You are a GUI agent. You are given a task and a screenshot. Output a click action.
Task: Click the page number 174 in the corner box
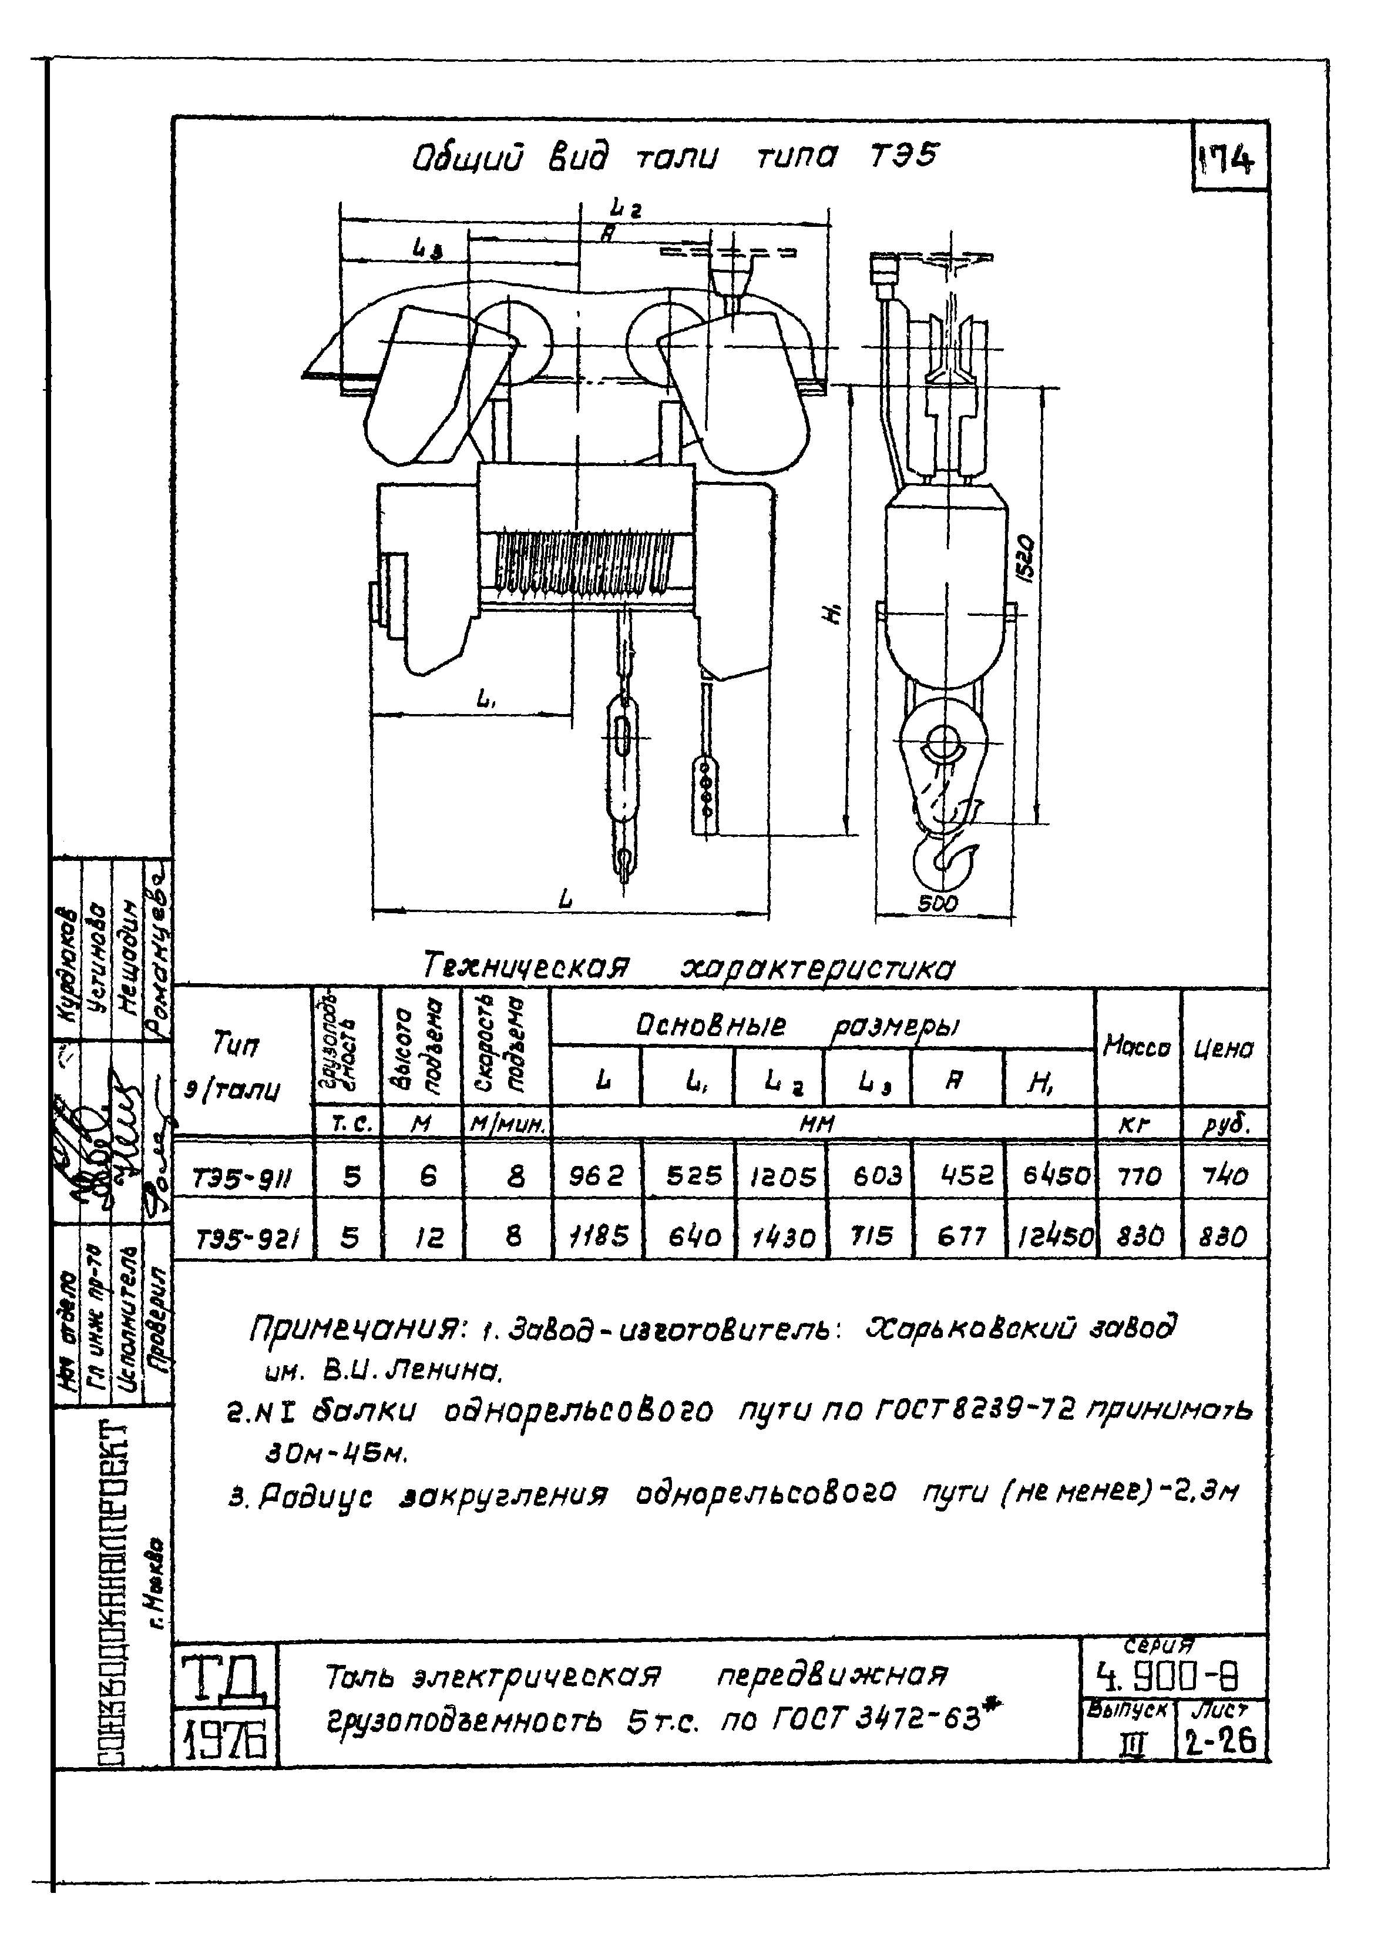pos(1229,159)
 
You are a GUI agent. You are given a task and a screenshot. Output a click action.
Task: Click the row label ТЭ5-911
pos(243,1178)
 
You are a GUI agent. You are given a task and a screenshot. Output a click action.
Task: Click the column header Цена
pos(1225,1050)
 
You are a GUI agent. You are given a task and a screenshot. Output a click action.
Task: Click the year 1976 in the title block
pos(226,1741)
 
